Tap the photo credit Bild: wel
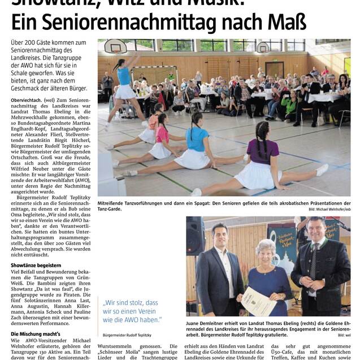(344, 336)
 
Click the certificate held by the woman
(259, 300)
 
